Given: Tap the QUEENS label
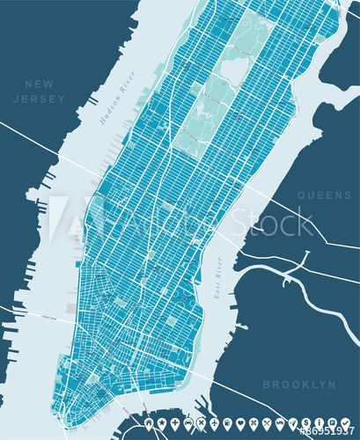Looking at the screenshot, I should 323,194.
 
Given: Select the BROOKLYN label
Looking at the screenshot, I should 299,385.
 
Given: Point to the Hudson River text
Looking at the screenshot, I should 115,106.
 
